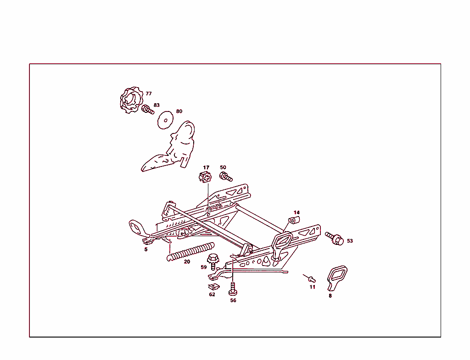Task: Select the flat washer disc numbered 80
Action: tap(164, 120)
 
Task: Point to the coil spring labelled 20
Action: tap(190, 251)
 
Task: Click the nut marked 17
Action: tap(205, 177)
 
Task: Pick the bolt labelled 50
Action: tap(226, 177)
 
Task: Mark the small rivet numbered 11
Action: tap(312, 278)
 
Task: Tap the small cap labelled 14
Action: tap(292, 222)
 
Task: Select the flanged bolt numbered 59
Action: tap(213, 261)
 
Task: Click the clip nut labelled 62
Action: tap(212, 286)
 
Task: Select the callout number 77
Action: tap(149, 94)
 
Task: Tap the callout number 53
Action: tap(350, 241)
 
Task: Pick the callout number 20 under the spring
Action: tap(187, 262)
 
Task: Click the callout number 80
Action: tap(179, 111)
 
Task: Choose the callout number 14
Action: tap(297, 212)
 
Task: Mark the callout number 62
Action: tap(212, 294)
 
